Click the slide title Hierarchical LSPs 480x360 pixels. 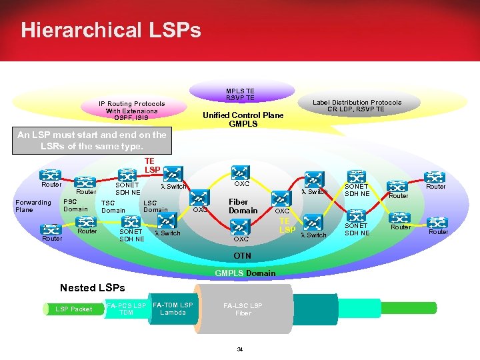[110, 30]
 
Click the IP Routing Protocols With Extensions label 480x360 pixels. [131, 111]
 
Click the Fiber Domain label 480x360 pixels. [243, 206]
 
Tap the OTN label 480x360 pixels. [242, 255]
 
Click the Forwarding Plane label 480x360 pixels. [33, 206]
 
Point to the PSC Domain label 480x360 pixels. [75, 205]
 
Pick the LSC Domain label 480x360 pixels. [155, 206]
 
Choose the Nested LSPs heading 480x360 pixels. [92, 288]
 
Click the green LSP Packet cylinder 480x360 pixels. [73, 309]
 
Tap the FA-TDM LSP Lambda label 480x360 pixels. [173, 309]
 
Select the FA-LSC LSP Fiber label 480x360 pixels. [243, 309]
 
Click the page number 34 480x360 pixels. [241, 349]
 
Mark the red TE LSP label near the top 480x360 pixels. [149, 165]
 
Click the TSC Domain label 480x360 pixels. [113, 207]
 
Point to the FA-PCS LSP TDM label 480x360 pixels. [126, 309]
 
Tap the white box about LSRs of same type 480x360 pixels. [92, 140]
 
